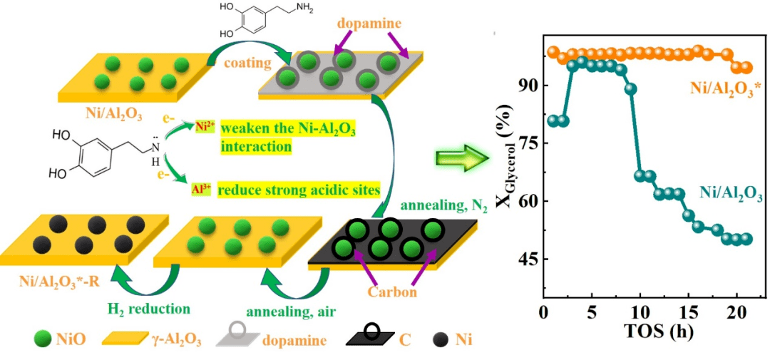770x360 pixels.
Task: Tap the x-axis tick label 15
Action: pos(688,314)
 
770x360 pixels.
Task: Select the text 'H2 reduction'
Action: pos(148,308)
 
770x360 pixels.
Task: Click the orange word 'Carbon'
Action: pos(393,292)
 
